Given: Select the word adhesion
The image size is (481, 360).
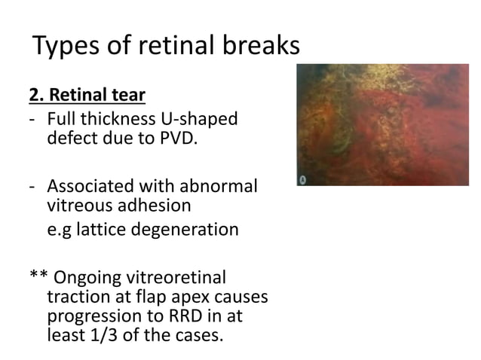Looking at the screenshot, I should click(x=155, y=204).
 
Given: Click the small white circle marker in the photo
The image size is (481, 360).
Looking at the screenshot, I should click(x=302, y=181).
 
